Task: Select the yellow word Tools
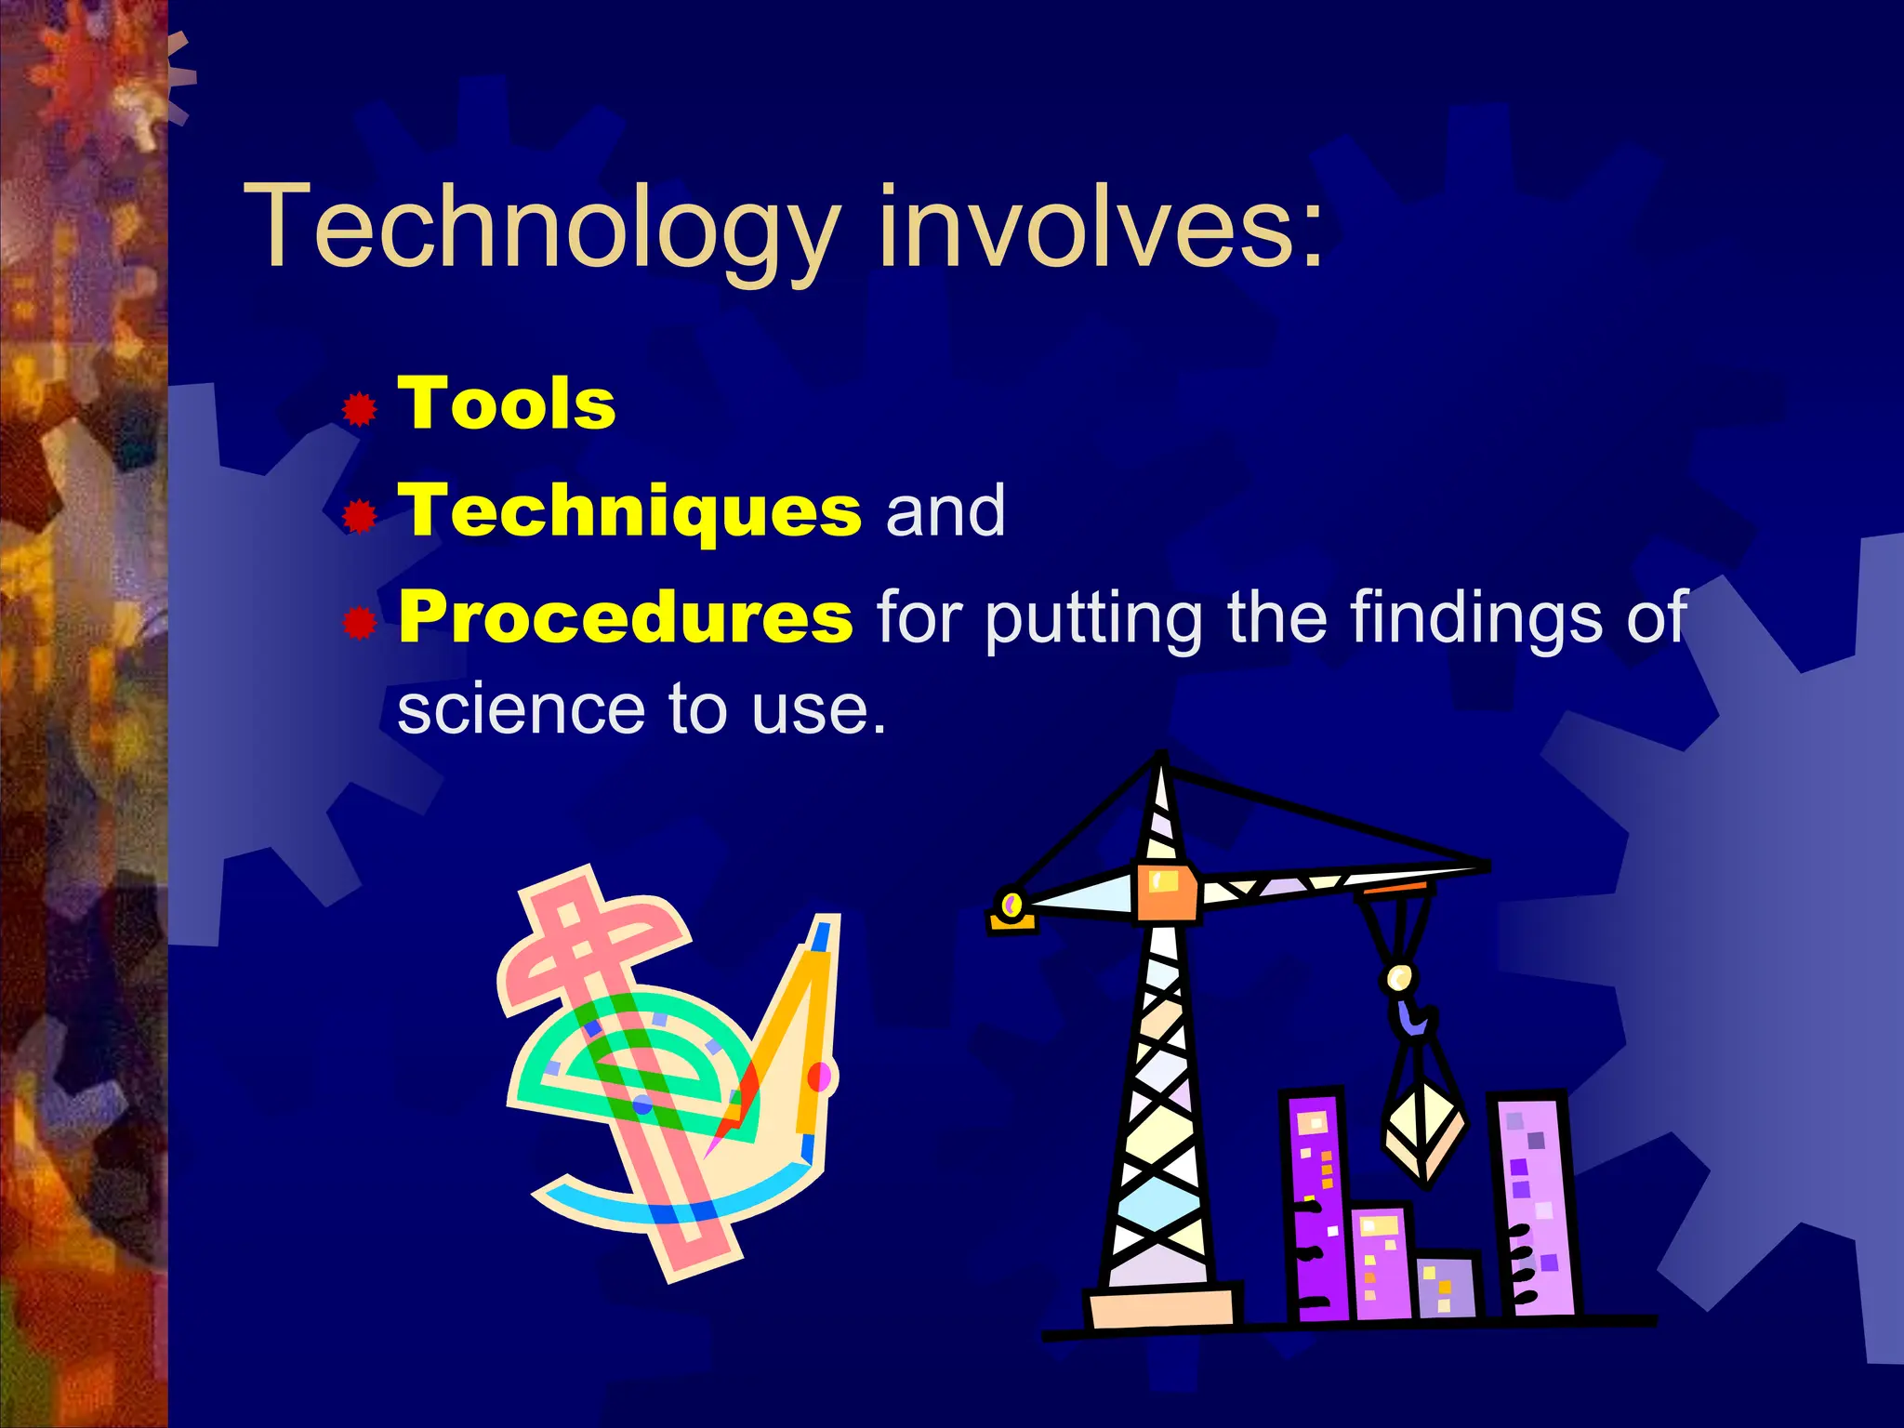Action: coord(507,404)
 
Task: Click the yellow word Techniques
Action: coord(629,511)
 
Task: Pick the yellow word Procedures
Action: coord(625,617)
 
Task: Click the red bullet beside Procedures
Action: coord(359,623)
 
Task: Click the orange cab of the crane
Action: coord(1166,891)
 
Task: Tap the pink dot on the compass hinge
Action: coord(819,1077)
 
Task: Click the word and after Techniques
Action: coord(945,511)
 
